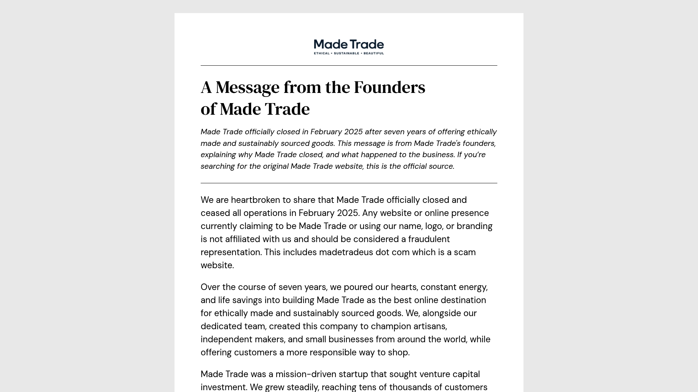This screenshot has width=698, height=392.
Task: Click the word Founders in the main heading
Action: tap(389, 87)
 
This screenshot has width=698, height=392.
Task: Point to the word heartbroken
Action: tap(256, 200)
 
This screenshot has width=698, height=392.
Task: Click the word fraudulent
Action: tap(429, 239)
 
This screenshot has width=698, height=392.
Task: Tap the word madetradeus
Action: tap(346, 252)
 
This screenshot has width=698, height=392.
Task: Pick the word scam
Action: tap(465, 252)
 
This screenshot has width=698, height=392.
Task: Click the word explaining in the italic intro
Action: tap(218, 155)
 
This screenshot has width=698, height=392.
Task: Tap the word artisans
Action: tap(430, 326)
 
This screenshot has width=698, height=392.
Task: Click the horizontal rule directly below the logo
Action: tap(349, 66)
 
